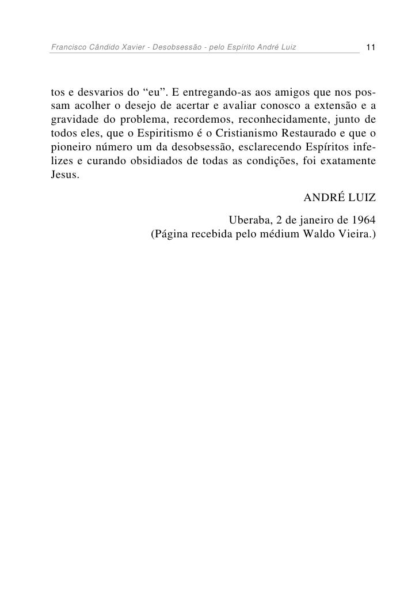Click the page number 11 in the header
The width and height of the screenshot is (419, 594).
coord(371,46)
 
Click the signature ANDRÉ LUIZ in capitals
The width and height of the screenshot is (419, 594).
coord(340,199)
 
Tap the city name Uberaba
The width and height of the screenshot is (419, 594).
coord(248,221)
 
